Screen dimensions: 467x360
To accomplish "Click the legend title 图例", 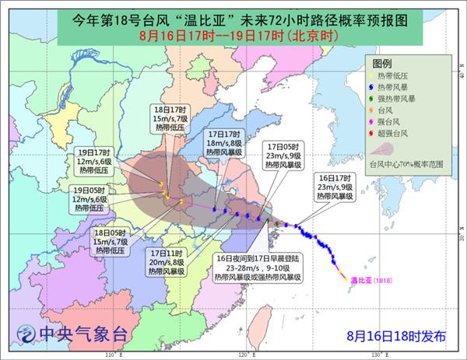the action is click(x=381, y=62).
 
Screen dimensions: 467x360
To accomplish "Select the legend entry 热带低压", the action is click(x=399, y=75).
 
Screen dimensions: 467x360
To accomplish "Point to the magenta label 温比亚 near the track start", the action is click(x=358, y=278).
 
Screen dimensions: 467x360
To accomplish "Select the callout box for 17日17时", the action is click(x=226, y=142).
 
